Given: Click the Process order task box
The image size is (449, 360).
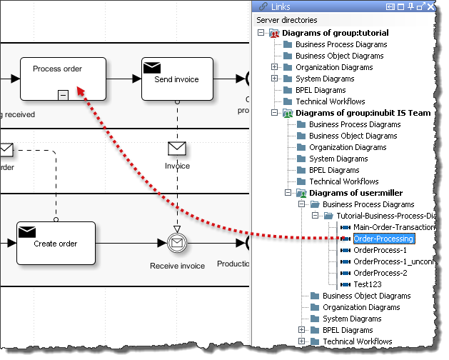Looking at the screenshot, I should coord(63,78).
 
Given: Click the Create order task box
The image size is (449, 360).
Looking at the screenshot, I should coord(56,244).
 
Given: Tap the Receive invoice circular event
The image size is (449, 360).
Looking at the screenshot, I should coord(177,244).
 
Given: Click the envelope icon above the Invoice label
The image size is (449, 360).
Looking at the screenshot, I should coord(177,149).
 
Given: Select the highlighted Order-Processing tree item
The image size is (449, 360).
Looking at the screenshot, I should coord(383,239).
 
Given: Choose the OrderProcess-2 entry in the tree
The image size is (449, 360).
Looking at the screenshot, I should coord(380,273).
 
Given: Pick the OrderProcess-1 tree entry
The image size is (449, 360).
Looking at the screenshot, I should coord(380,250).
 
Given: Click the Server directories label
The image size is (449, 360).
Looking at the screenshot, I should coord(287,20).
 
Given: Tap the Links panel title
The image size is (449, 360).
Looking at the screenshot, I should coord(281,6).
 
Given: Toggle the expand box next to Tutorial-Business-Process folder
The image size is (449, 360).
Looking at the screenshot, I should coord(314,216).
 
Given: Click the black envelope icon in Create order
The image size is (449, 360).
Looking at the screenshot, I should coord(27,231).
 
